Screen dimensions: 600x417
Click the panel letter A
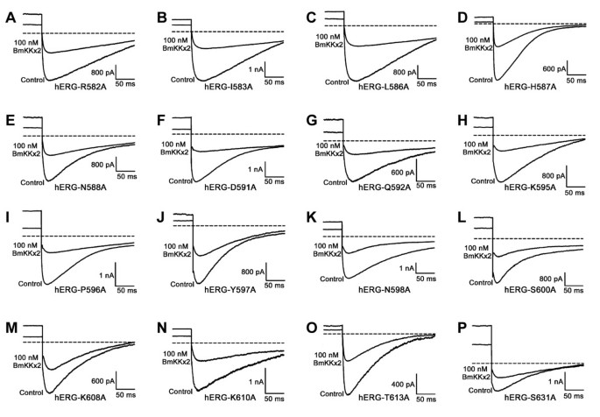(11, 18)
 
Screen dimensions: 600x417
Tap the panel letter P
(462, 329)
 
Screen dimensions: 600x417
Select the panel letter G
(312, 121)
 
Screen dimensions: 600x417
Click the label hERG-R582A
(81, 87)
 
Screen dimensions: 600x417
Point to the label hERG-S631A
(530, 399)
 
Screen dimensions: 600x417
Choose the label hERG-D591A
(230, 187)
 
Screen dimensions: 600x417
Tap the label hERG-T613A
(384, 398)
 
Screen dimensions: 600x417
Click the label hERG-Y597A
(230, 290)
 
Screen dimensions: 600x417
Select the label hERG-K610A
(230, 398)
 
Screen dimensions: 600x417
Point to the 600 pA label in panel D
(554, 69)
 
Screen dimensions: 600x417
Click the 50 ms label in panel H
(575, 193)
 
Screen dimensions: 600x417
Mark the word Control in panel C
(336, 82)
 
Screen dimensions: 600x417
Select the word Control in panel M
(32, 392)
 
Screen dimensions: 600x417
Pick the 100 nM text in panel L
(476, 248)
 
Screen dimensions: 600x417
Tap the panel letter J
(161, 219)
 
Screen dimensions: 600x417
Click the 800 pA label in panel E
(102, 165)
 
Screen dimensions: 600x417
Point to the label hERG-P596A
(80, 290)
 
